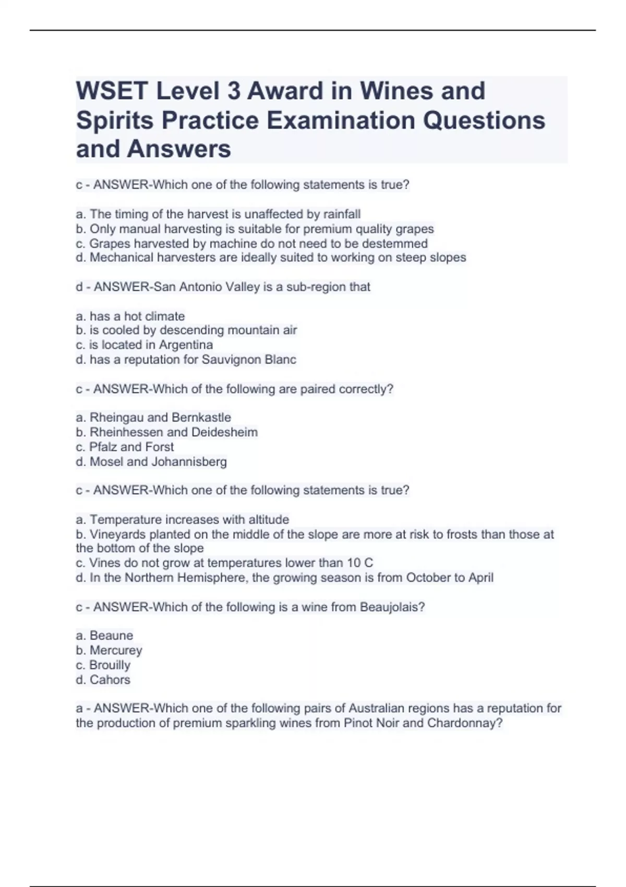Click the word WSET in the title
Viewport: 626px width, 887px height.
112,91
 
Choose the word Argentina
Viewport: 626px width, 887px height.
186,345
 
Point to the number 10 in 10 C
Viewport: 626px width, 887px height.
354,563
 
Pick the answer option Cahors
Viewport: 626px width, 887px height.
110,680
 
